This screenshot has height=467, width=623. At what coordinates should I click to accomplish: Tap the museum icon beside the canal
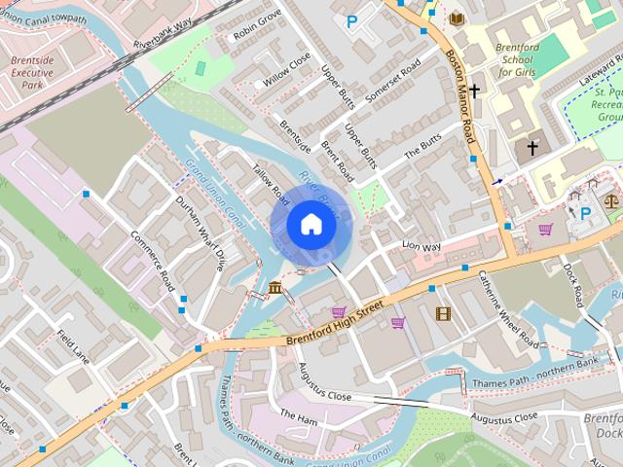275,288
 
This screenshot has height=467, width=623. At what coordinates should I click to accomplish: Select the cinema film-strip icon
443,313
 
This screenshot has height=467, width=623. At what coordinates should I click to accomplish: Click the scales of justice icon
610,201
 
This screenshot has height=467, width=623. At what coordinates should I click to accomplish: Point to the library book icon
457,18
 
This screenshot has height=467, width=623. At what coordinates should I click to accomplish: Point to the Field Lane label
73,345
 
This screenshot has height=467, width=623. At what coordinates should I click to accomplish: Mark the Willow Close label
287,67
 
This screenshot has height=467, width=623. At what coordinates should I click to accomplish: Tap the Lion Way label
421,247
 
